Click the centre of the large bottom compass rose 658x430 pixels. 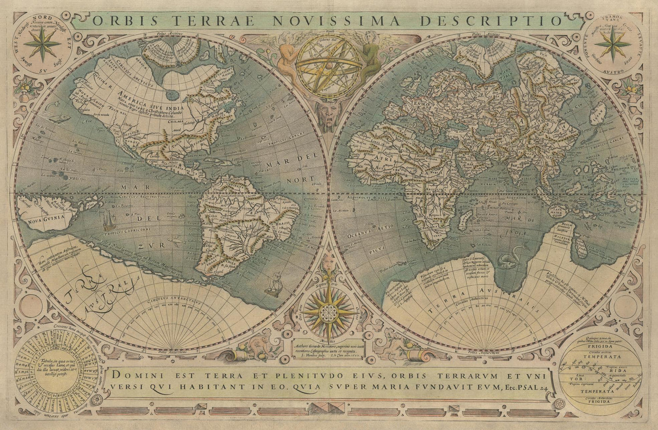pos(327,312)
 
